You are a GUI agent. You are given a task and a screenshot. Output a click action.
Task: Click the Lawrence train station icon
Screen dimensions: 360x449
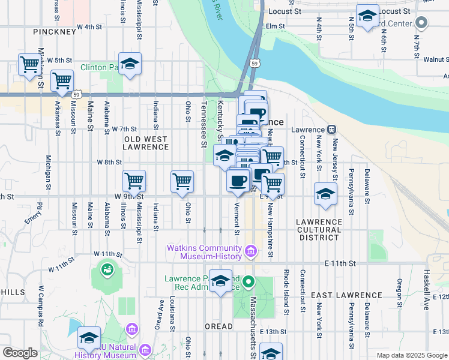pos(331,130)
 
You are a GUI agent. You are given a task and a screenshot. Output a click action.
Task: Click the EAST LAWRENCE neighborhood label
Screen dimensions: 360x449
pos(339,295)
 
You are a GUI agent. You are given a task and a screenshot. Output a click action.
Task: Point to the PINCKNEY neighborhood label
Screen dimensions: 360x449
pos(55,31)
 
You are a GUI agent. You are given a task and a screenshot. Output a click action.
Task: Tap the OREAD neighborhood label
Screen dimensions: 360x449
pos(218,326)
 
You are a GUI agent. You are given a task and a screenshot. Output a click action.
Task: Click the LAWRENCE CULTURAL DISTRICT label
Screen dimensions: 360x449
pos(319,230)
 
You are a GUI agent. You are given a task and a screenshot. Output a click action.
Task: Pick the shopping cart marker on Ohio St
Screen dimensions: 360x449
pos(182,181)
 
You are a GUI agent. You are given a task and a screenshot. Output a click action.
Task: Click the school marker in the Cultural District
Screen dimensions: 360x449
pos(325,194)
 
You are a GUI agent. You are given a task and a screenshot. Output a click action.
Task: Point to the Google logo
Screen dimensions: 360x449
pos(20,353)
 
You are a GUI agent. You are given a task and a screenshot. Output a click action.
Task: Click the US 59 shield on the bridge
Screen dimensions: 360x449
pos(255,62)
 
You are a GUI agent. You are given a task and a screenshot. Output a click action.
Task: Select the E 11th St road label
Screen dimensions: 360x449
pos(340,263)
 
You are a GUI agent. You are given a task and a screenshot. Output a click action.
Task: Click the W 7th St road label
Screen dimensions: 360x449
pos(125,129)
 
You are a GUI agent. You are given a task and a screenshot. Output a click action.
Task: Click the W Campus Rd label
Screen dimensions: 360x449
pos(41,308)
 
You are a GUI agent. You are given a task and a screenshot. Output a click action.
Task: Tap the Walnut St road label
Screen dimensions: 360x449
pos(436,59)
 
